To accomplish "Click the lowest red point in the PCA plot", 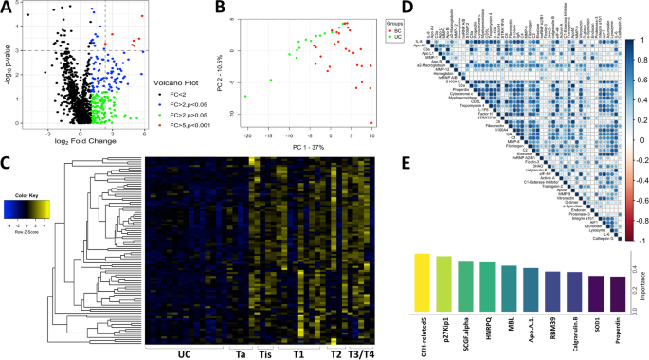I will tap(370, 123).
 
